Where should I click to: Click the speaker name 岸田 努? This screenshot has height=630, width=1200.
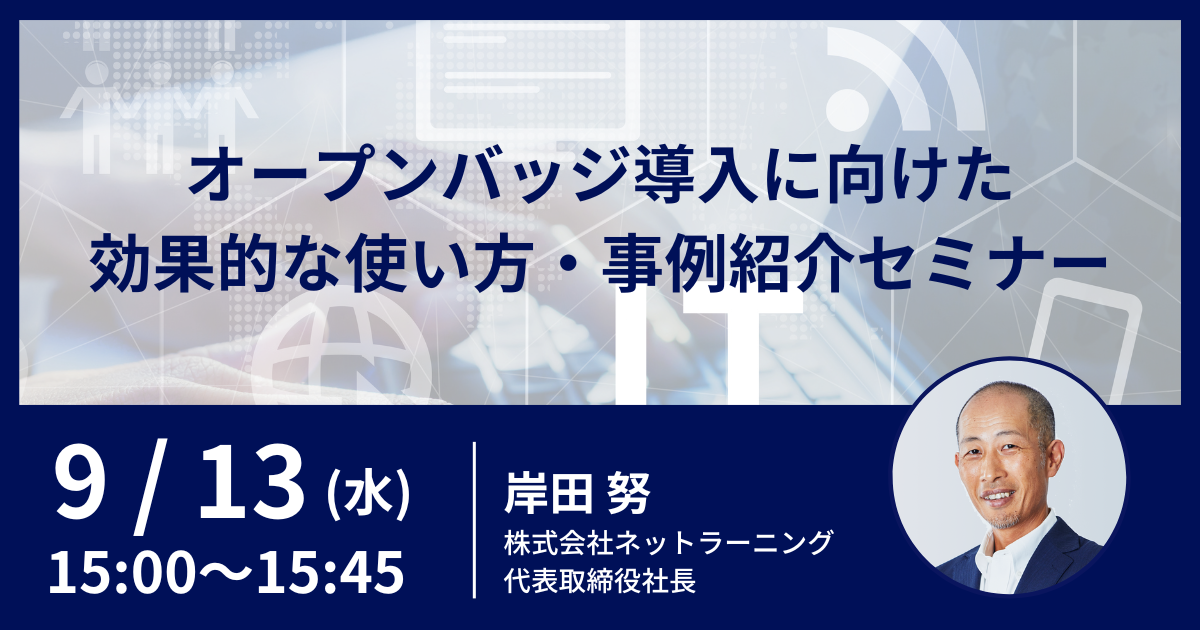[x=577, y=493]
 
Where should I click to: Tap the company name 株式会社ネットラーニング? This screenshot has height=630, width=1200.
[x=668, y=543]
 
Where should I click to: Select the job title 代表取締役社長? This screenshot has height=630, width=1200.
[x=600, y=580]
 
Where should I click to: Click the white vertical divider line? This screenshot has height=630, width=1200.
[x=475, y=520]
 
